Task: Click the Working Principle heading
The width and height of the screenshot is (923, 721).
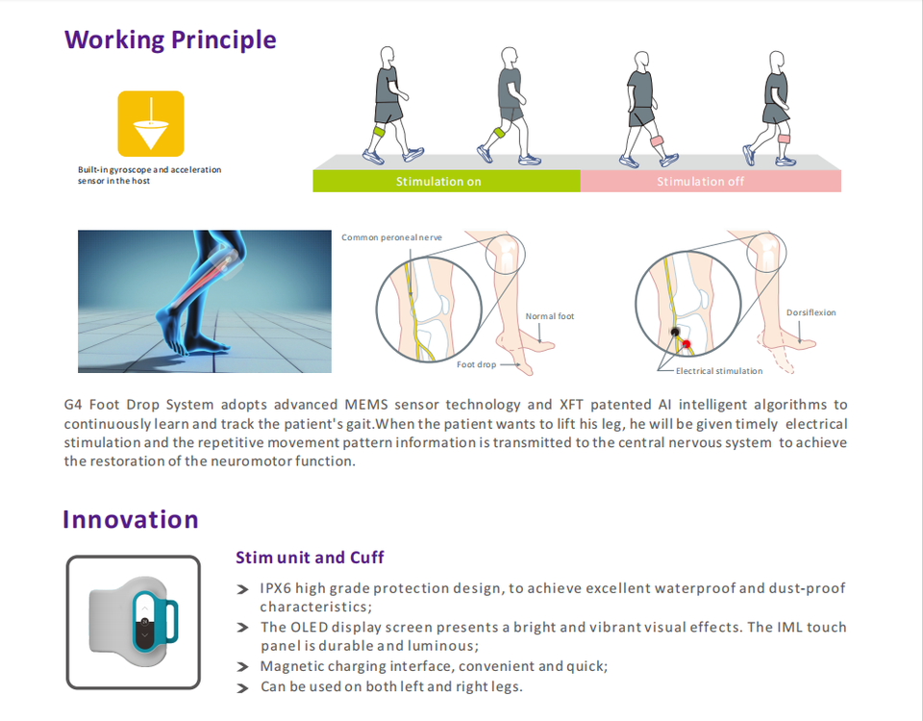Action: [x=170, y=40]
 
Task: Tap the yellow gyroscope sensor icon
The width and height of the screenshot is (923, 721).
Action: [x=150, y=124]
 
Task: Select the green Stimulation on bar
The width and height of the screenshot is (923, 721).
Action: [x=446, y=181]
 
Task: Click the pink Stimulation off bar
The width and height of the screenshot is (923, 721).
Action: [x=711, y=181]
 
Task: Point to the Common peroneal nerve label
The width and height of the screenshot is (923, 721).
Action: [x=391, y=237]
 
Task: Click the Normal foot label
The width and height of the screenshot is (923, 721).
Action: [x=550, y=316]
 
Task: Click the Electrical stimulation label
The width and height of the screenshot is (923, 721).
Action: [x=719, y=371]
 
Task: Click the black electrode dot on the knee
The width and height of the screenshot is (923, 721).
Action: [x=676, y=332]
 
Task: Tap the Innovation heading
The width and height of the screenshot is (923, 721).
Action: [x=131, y=520]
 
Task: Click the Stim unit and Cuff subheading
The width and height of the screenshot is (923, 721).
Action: [x=310, y=558]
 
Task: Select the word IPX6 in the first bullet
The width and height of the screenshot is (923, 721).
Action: [x=276, y=588]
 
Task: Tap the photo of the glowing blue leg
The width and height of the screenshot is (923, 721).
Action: [x=204, y=301]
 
